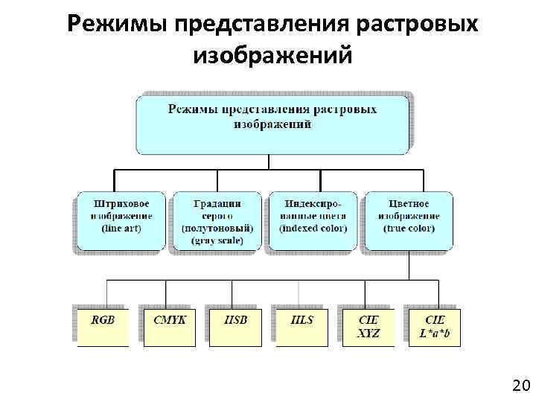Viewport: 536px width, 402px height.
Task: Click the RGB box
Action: coord(103,327)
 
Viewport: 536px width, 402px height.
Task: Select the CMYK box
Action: coord(169,327)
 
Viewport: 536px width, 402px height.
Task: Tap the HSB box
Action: coord(235,327)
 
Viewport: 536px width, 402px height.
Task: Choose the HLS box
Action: coord(301,327)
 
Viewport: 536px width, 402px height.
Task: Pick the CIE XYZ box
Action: coord(368,327)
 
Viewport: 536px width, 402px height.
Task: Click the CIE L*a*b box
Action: coord(434,327)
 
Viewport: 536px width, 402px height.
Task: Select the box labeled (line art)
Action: coord(121,220)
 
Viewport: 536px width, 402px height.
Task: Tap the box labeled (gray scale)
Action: coord(217,221)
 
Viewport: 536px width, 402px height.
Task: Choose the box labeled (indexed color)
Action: coord(313,220)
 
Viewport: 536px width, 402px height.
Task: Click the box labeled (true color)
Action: coord(409,220)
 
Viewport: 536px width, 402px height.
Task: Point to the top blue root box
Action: coord(272,124)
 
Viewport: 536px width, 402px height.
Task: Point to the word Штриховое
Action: coord(121,203)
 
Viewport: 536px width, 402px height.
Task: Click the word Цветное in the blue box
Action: coord(409,203)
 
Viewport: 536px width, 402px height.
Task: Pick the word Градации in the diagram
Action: coord(217,203)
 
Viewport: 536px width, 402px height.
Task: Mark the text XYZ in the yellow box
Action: coord(368,334)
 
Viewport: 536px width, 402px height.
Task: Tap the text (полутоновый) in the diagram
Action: coord(217,228)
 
